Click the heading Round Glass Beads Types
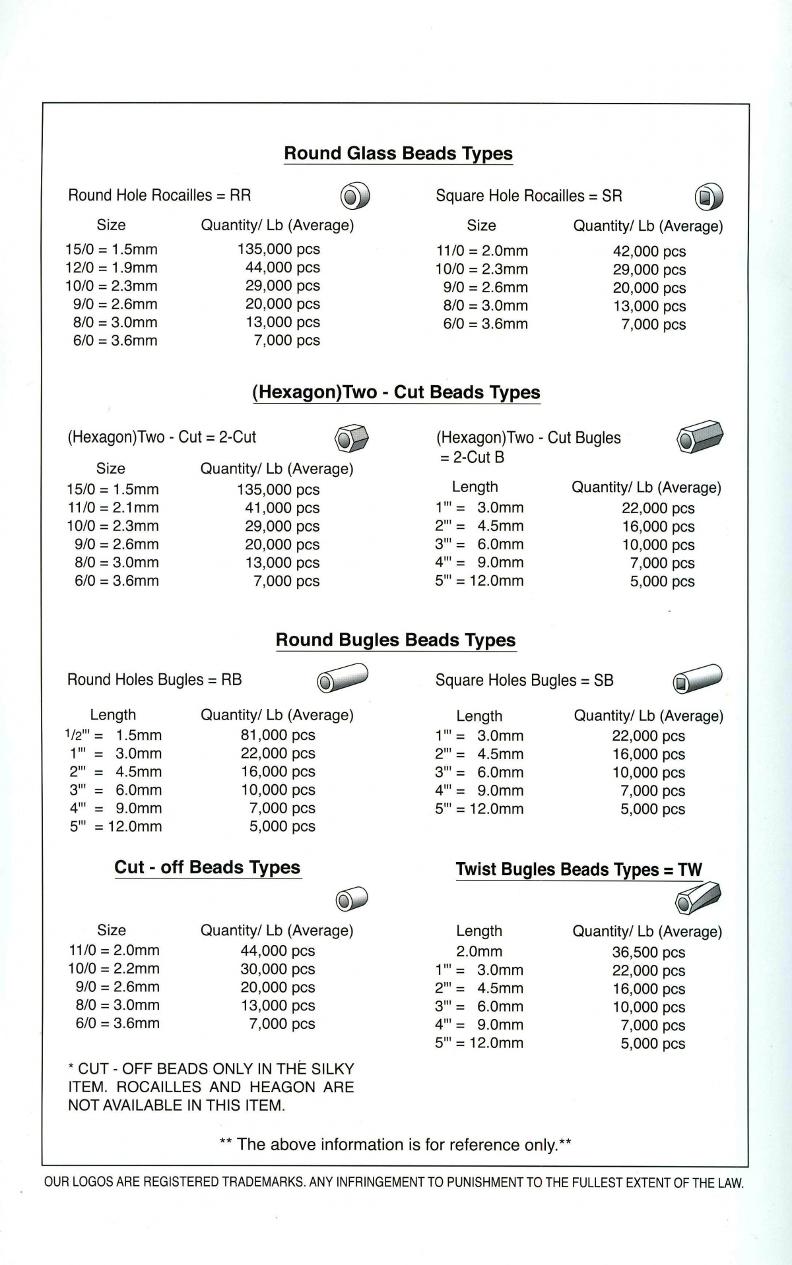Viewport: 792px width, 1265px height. pos(398,154)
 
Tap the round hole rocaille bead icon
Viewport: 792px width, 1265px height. pos(355,196)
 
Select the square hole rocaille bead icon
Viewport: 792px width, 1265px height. pos(709,197)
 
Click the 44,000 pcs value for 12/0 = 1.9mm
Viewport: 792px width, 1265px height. pos(282,268)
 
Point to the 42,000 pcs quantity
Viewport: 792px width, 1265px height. pos(649,251)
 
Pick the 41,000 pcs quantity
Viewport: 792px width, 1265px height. pos(282,508)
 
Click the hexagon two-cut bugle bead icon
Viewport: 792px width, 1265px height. pos(700,437)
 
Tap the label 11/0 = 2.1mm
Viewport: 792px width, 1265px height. pos(113,508)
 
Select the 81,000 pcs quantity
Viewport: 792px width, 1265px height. pos(278,735)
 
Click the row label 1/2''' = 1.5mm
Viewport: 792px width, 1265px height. pos(113,735)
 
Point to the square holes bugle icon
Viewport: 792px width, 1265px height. pos(698,679)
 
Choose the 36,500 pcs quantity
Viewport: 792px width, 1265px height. pos(648,952)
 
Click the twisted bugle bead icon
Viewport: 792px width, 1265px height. pos(698,898)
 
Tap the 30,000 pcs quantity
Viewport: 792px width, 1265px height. pos(278,970)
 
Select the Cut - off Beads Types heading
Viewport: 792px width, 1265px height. pos(207,868)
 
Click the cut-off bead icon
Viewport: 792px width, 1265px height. pos(352,899)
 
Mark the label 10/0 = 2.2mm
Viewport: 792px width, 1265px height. pos(114,969)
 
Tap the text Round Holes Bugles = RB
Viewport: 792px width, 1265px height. pos(154,680)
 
